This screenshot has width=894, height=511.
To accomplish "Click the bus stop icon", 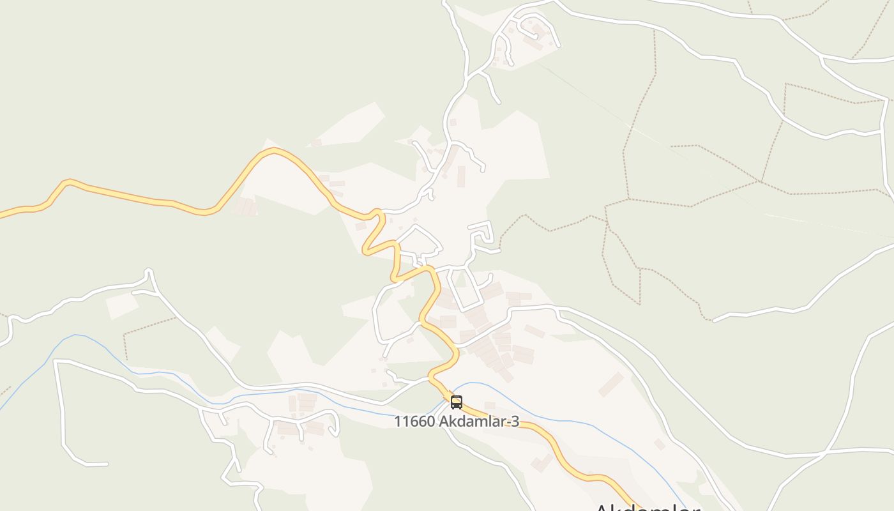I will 456,402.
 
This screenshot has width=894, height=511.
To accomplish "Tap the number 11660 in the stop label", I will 414,422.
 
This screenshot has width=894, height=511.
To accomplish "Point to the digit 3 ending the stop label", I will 515,422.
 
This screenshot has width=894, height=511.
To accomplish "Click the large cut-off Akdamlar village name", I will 646,507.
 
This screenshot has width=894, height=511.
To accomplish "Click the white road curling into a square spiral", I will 482,233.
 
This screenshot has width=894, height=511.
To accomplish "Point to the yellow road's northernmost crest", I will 275,150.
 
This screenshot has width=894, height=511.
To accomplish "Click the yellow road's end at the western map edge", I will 2,215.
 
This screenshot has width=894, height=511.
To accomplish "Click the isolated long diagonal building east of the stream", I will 611,384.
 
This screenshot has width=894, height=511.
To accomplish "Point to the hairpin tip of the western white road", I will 149,271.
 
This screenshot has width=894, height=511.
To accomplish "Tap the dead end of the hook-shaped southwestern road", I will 106,464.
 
